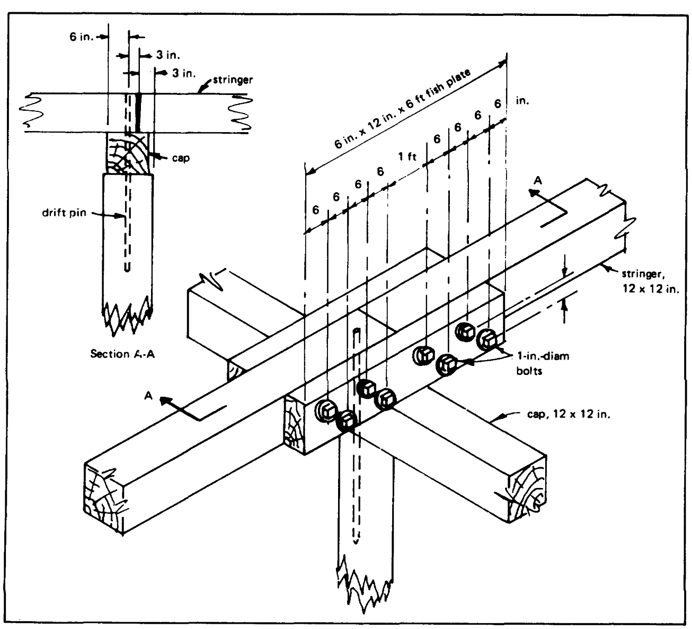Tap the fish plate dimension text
(403, 109)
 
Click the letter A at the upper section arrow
(538, 181)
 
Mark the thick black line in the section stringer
(138, 112)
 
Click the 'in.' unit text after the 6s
(522, 100)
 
